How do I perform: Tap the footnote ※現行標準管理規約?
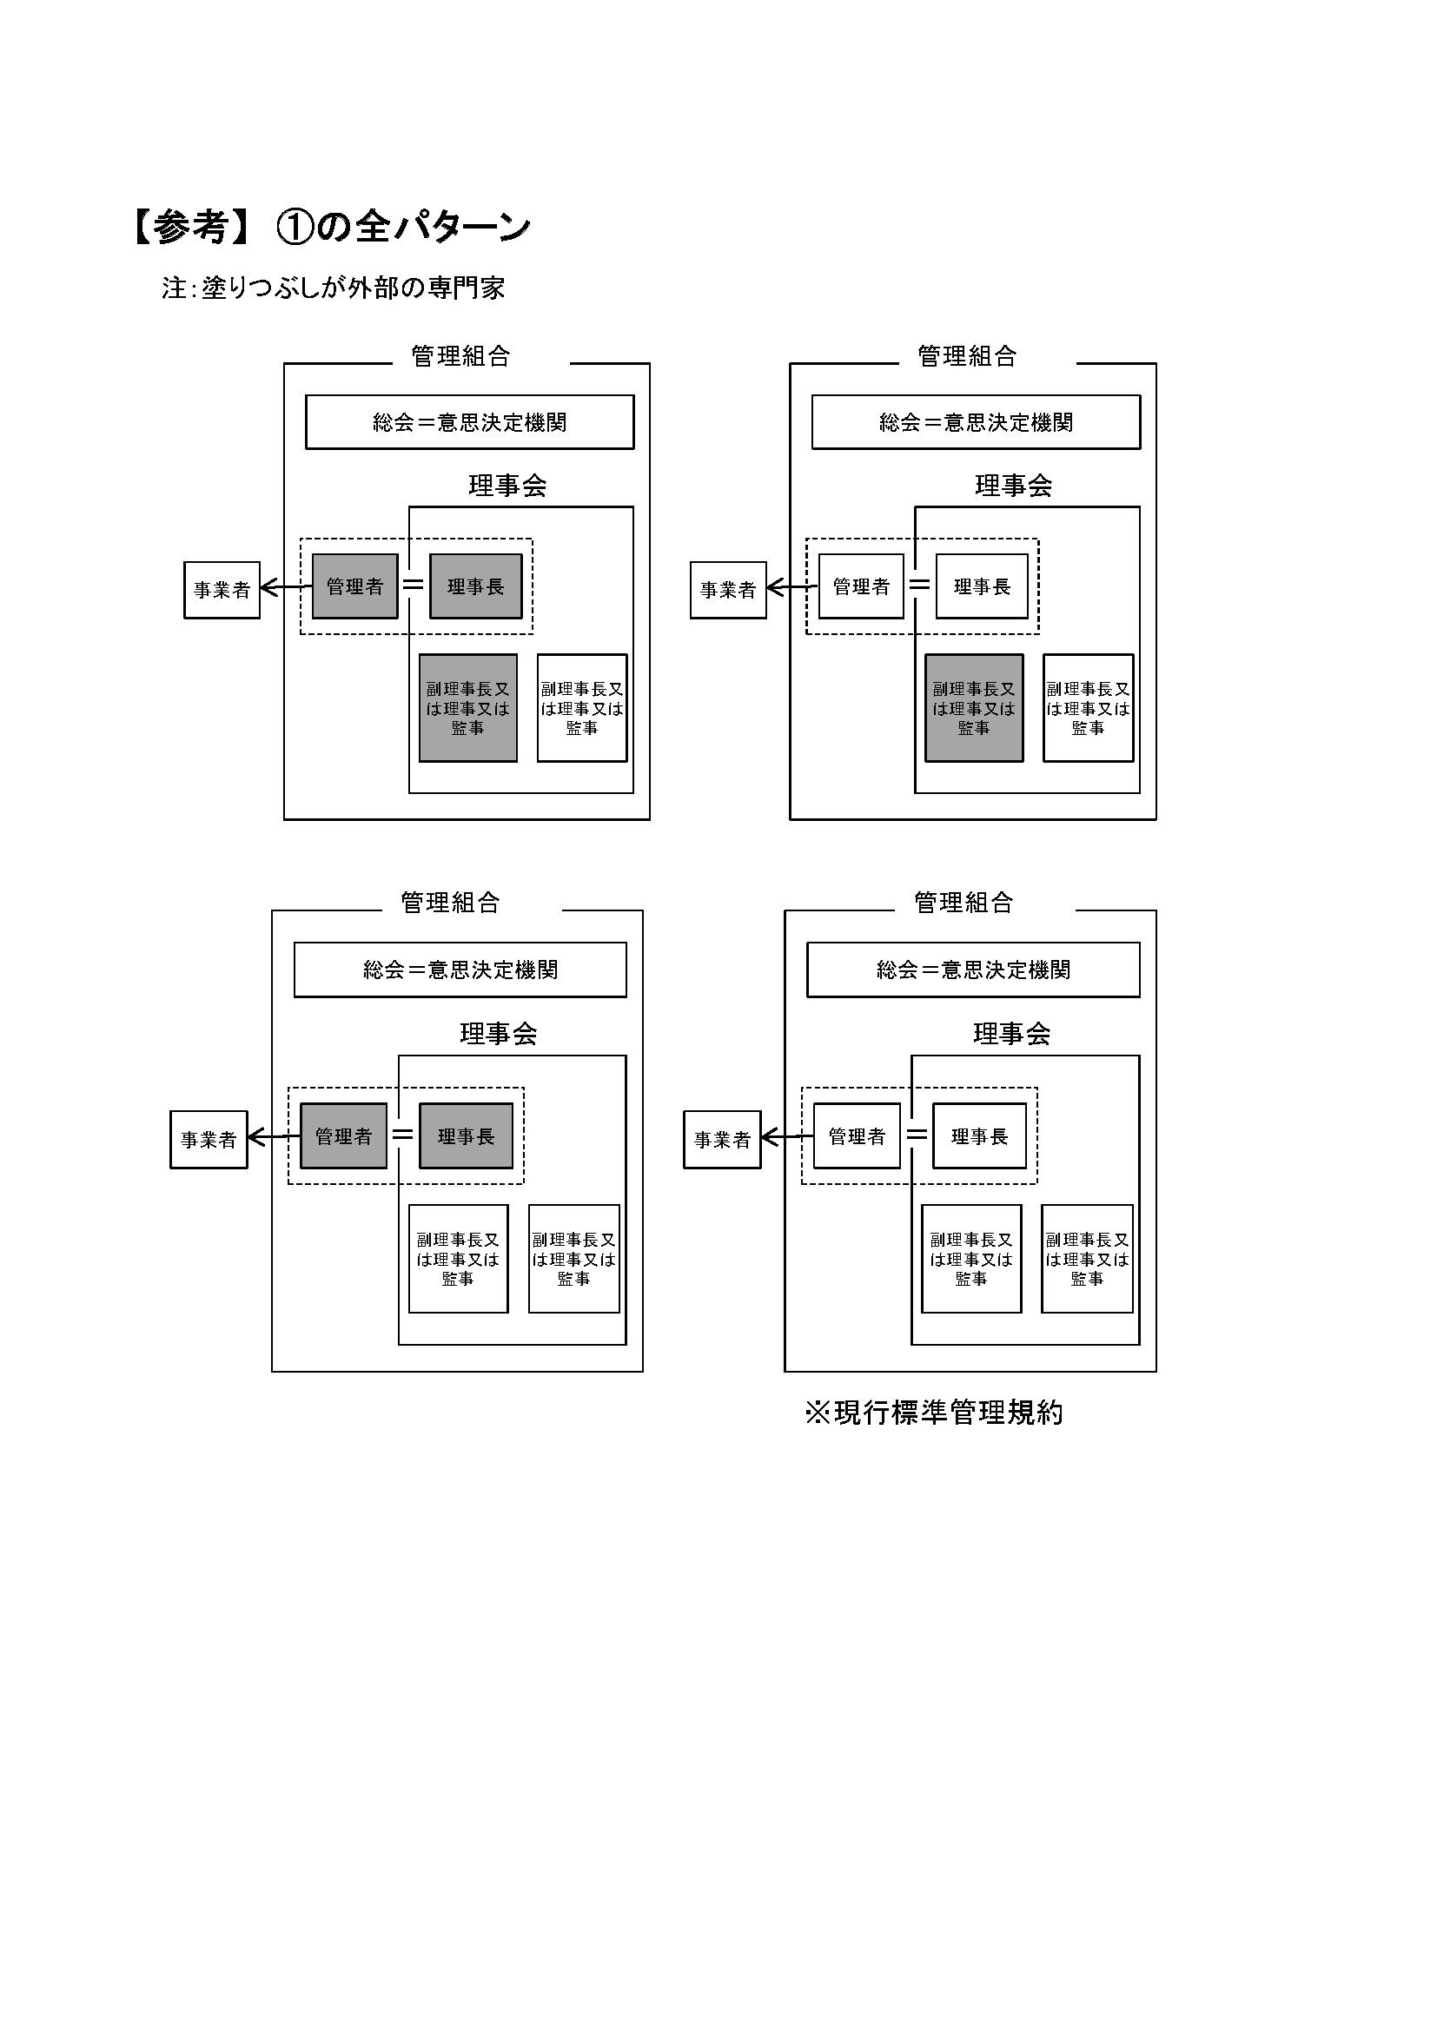(933, 1413)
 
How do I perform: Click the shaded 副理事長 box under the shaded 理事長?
(468, 708)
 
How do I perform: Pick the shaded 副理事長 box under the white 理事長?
(974, 708)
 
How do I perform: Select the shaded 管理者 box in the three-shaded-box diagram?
(354, 586)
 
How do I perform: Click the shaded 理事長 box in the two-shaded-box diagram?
(467, 1136)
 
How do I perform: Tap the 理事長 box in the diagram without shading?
(979, 1136)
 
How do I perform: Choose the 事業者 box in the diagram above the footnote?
(722, 1140)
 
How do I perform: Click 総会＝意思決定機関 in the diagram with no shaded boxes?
(973, 970)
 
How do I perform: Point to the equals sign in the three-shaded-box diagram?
(414, 585)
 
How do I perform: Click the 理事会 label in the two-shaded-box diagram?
(498, 1034)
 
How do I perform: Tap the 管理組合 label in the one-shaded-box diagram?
(967, 356)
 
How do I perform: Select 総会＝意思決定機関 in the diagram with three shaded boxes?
(470, 423)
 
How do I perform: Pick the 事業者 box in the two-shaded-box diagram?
(209, 1140)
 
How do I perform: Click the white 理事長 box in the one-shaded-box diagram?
(983, 586)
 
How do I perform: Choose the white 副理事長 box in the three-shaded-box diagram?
(582, 708)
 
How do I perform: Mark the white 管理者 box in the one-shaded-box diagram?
(861, 586)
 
